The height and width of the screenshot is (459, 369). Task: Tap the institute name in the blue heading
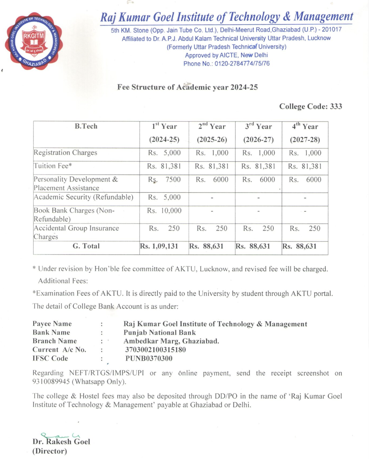[x=226, y=16]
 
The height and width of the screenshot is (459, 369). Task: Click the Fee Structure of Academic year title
[x=187, y=87]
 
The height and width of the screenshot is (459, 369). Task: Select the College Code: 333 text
[x=311, y=106]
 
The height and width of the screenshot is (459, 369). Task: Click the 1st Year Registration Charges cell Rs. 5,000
[x=165, y=153]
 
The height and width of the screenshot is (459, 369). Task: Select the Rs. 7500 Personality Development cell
[x=165, y=180]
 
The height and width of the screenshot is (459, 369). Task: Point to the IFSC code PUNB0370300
[x=149, y=359]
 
